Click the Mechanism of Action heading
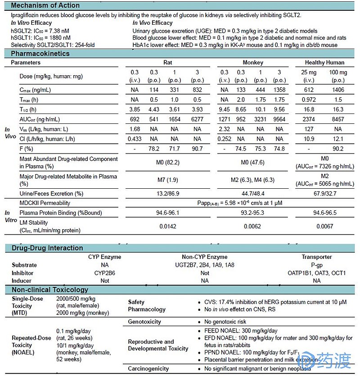tap(45, 6)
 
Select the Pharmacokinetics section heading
tap(40, 54)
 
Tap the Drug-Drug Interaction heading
tap(47, 248)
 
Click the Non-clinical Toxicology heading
tap(49, 290)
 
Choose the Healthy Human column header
tap(324, 63)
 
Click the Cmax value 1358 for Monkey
tap(279, 90)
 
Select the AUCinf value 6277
tap(198, 119)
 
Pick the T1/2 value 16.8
tap(309, 109)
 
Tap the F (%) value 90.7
tap(198, 149)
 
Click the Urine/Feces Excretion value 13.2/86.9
tap(165, 194)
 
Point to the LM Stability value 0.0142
tap(165, 226)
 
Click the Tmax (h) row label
tap(29, 100)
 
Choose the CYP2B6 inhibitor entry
tap(105, 273)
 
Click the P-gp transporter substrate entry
tap(316, 265)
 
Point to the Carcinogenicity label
tap(148, 369)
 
